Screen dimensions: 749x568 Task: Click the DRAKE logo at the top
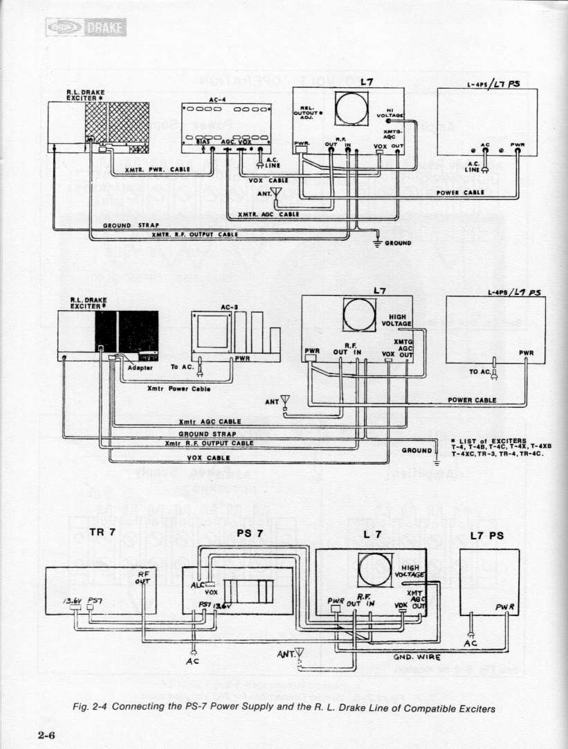tap(86, 27)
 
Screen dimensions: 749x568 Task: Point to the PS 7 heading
tap(250, 533)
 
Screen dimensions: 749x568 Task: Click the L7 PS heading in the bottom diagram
tap(487, 535)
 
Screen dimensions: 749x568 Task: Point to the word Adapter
tap(140, 368)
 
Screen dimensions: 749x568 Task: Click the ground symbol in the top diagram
tap(377, 242)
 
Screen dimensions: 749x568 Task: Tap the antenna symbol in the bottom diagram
tap(300, 652)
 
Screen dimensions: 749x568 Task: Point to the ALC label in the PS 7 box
tap(196, 584)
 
